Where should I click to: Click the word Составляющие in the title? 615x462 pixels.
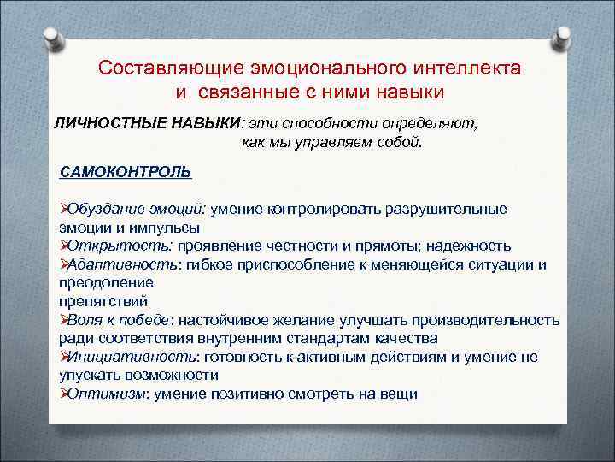[x=170, y=67]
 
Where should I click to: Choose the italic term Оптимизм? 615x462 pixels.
[x=107, y=394]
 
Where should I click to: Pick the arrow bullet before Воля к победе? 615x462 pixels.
[x=63, y=320]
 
